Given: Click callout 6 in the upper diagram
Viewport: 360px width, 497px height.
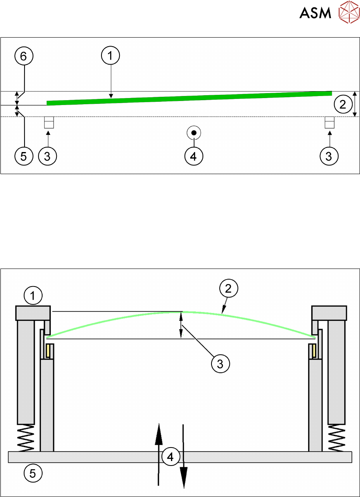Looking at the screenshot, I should pyautogui.click(x=24, y=57).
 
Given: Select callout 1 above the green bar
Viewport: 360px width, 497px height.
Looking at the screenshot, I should pyautogui.click(x=110, y=57).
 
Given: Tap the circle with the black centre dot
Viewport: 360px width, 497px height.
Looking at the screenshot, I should pyautogui.click(x=193, y=133).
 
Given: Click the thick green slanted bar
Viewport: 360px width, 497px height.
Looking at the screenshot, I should pyautogui.click(x=188, y=98).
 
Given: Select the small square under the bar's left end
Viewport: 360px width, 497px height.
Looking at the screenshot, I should pyautogui.click(x=49, y=122).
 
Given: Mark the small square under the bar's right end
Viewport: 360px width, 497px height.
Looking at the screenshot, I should pyautogui.click(x=329, y=122).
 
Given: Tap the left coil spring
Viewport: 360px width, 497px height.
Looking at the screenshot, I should pyautogui.click(x=26, y=438).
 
